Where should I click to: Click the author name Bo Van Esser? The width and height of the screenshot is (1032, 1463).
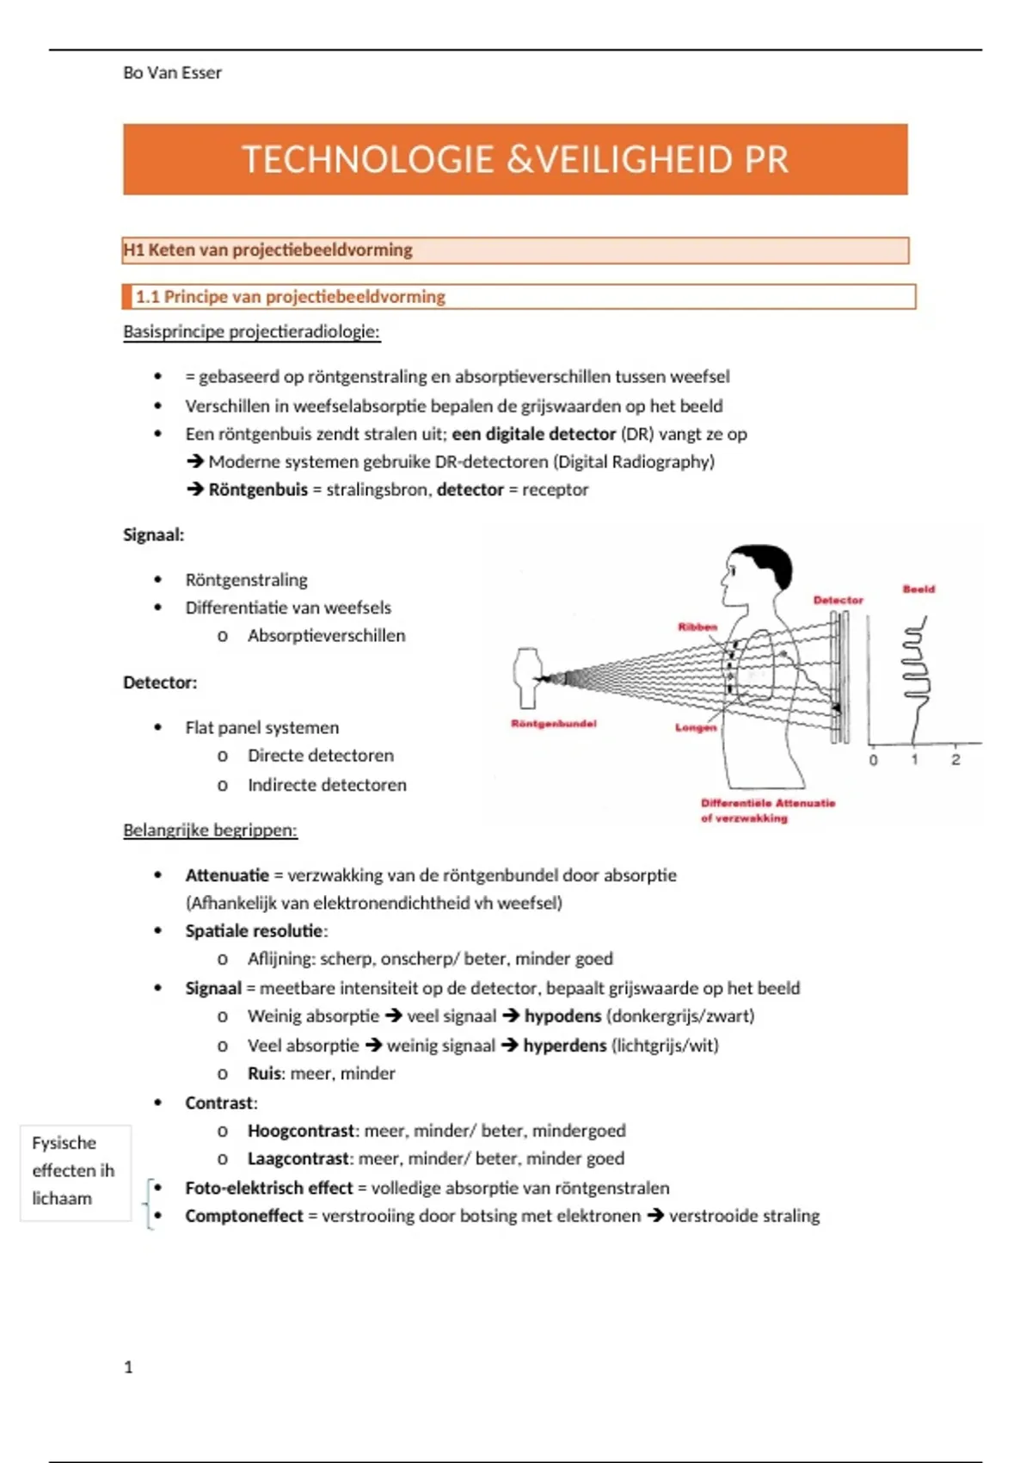pyautogui.click(x=172, y=73)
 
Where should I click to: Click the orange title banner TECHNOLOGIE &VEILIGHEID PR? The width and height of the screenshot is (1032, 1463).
pyautogui.click(x=515, y=159)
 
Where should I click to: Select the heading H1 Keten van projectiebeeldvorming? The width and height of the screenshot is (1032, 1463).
pyautogui.click(x=267, y=250)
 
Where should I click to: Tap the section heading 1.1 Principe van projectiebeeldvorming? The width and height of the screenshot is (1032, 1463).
pyautogui.click(x=290, y=297)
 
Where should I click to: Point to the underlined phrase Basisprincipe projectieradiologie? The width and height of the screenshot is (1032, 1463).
pyautogui.click(x=251, y=332)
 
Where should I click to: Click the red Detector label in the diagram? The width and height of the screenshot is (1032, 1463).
pyautogui.click(x=838, y=600)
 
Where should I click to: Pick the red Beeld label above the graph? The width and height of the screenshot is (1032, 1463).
pyautogui.click(x=918, y=590)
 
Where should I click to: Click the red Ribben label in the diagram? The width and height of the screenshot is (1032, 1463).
pyautogui.click(x=697, y=627)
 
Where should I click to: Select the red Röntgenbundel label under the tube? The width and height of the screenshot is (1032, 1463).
pyautogui.click(x=553, y=724)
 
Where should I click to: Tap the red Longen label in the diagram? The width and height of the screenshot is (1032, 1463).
pyautogui.click(x=695, y=727)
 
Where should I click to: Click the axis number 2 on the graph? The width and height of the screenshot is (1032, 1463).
pyautogui.click(x=955, y=760)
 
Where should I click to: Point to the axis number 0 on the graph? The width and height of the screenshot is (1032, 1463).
pyautogui.click(x=874, y=760)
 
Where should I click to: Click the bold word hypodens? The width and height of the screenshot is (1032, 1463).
pyautogui.click(x=562, y=1016)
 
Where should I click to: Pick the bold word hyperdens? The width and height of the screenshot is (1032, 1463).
pyautogui.click(x=564, y=1046)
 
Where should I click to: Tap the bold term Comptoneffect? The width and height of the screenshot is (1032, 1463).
pyautogui.click(x=244, y=1216)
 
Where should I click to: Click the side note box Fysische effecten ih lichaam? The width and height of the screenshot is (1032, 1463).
pyautogui.click(x=74, y=1171)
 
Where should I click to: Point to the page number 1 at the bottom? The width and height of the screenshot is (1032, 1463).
pyautogui.click(x=129, y=1367)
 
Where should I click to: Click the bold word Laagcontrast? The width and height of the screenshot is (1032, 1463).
pyautogui.click(x=298, y=1159)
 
